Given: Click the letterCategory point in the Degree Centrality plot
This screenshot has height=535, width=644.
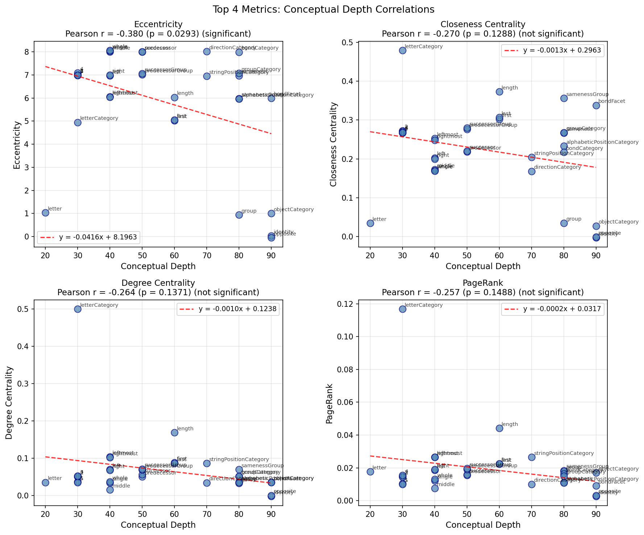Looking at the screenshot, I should point(78,309).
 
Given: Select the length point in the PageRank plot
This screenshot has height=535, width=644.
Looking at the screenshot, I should point(499,428).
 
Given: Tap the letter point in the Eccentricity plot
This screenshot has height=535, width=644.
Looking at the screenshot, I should point(45,213).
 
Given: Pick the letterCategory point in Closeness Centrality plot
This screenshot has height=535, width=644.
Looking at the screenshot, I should point(402,50).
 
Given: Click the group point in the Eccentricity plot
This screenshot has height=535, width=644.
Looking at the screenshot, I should point(239,215).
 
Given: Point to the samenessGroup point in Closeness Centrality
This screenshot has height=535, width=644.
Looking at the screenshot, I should point(564,98).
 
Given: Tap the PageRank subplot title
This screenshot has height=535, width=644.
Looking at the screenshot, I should point(483,283).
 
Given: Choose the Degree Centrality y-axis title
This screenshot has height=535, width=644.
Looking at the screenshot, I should point(9,403).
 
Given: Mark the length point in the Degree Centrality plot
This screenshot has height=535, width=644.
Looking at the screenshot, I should point(174,432).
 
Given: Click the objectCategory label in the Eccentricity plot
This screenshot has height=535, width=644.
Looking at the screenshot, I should point(294,210).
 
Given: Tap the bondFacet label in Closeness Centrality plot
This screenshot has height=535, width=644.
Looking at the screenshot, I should point(612,101).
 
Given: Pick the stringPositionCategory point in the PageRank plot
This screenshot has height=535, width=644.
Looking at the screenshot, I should point(532,457).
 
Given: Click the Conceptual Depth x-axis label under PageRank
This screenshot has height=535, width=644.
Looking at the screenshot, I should point(483,525).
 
